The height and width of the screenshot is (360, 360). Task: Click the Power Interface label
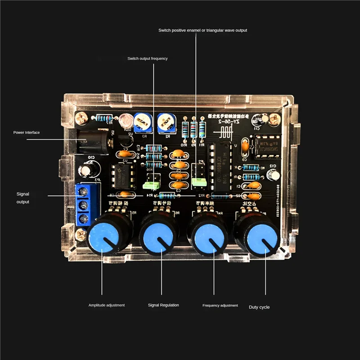pyautogui.click(x=27, y=132)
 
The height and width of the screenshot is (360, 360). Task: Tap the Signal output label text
pyautogui.click(x=23, y=198)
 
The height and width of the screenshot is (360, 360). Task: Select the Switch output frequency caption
pyautogui.click(x=147, y=58)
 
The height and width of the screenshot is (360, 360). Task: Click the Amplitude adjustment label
pyautogui.click(x=107, y=305)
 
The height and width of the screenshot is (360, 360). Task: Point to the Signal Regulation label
pyautogui.click(x=163, y=305)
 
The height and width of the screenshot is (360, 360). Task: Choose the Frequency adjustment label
pyautogui.click(x=220, y=306)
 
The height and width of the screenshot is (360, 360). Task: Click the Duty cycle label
pyautogui.click(x=259, y=307)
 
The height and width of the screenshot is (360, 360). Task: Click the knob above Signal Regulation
pyautogui.click(x=158, y=235)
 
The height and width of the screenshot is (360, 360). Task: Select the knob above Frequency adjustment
pyautogui.click(x=210, y=235)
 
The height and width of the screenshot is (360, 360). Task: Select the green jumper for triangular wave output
pyautogui.click(x=198, y=182)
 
